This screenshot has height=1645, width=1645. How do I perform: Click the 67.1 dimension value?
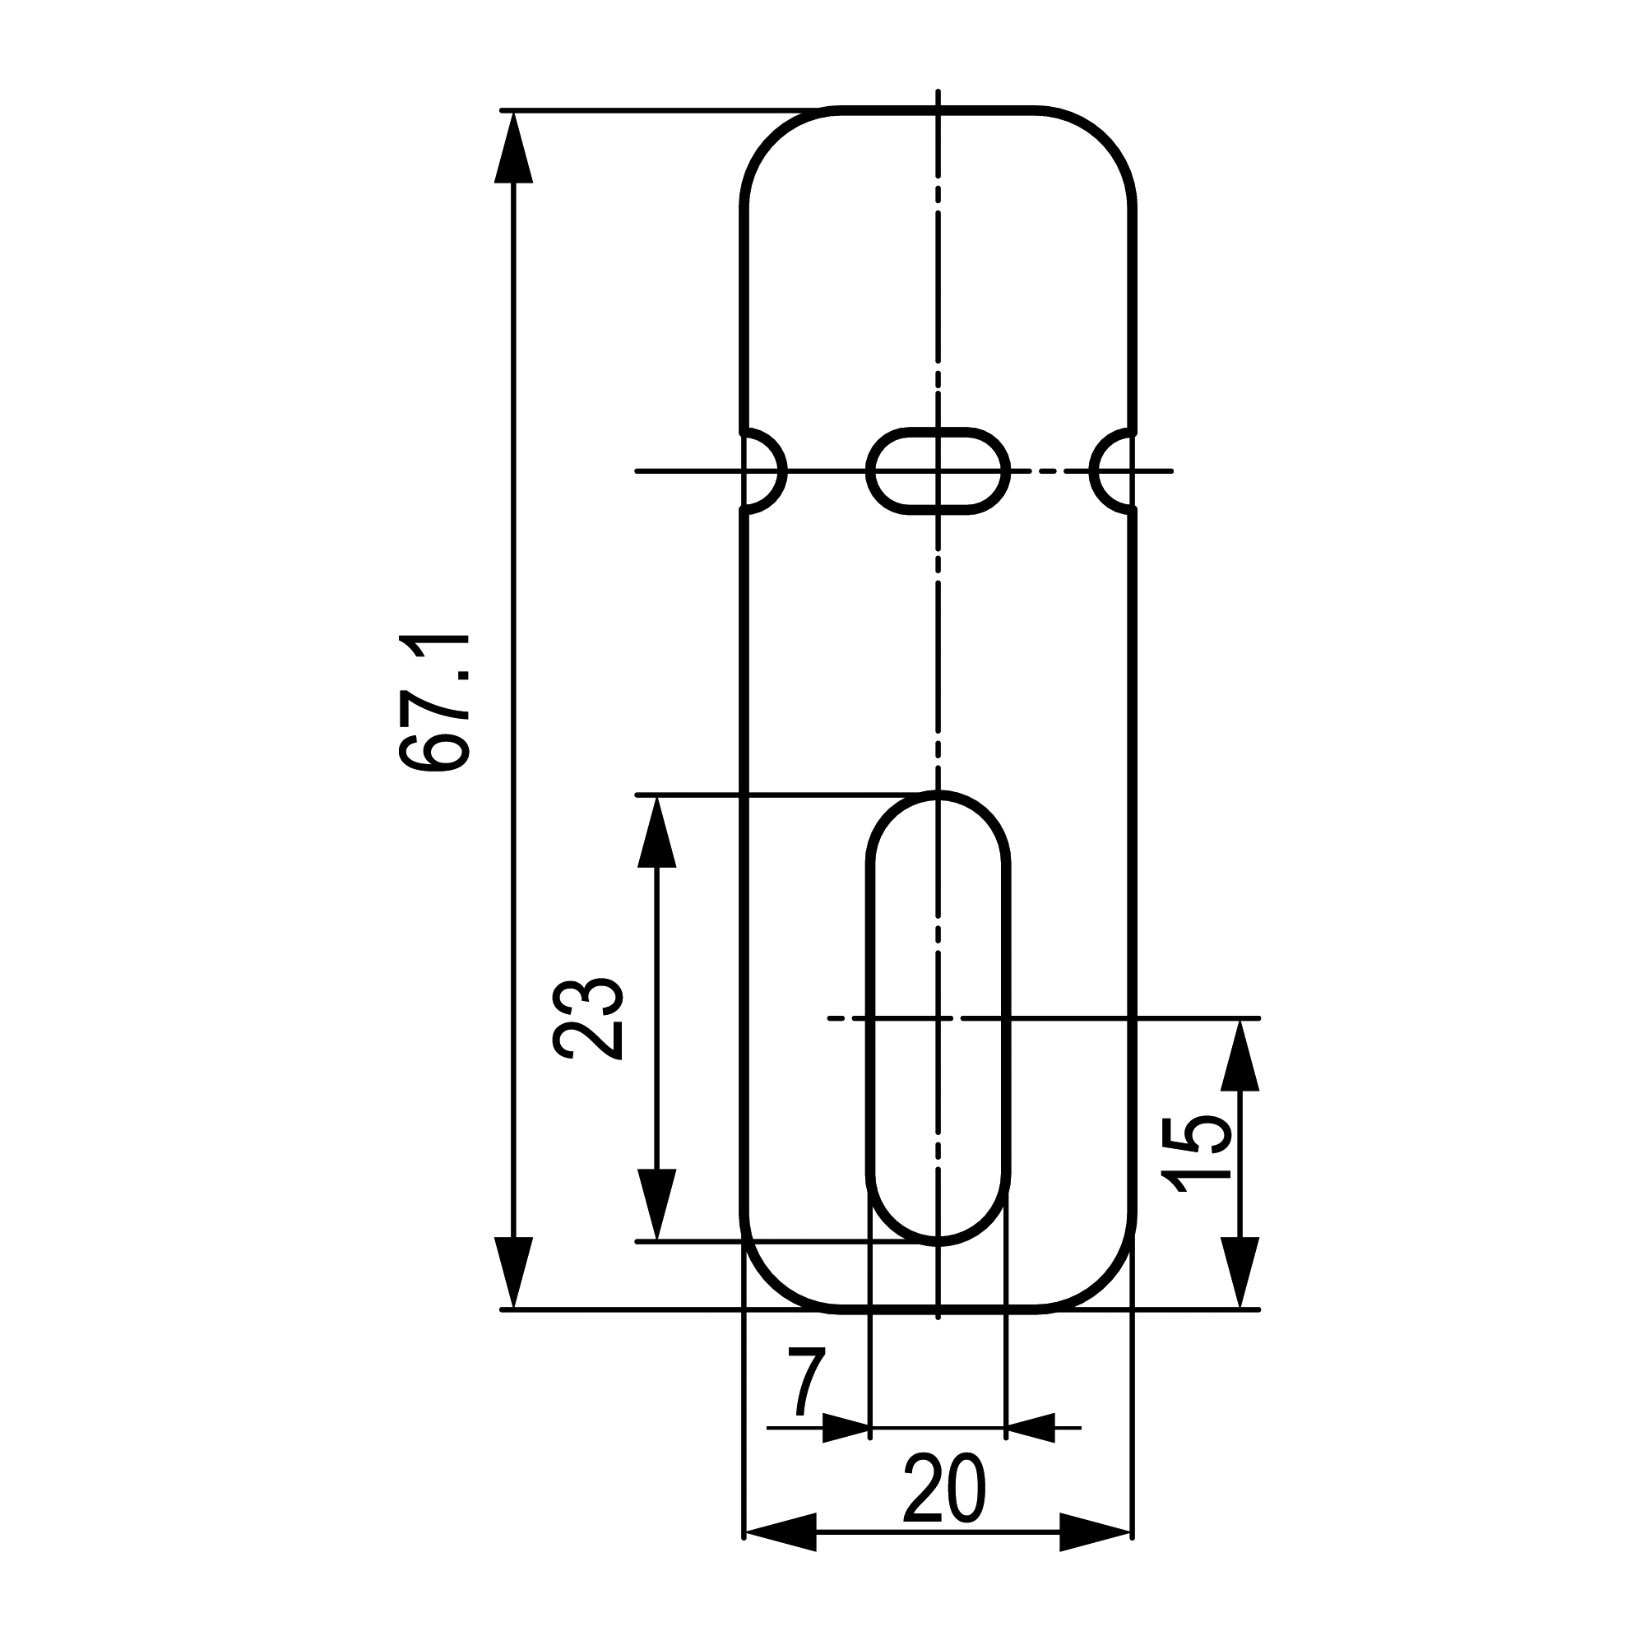tap(435, 703)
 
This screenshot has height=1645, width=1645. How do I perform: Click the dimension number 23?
tap(588, 1018)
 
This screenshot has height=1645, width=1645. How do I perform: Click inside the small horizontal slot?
tap(938, 470)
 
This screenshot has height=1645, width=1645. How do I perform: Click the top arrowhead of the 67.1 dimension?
tap(513, 149)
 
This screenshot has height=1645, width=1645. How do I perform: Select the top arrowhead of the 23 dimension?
tap(656, 832)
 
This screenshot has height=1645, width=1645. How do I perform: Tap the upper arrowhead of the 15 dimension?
tap(1240, 1056)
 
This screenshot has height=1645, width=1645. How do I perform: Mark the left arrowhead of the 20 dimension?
tap(779, 1532)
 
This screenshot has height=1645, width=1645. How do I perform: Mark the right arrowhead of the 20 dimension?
tap(1096, 1532)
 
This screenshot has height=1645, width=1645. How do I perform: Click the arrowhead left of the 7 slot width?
tap(846, 1428)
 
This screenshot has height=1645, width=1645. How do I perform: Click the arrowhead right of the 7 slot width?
tap(1031, 1428)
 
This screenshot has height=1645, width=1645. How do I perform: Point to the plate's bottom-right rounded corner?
tap(1104, 1277)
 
